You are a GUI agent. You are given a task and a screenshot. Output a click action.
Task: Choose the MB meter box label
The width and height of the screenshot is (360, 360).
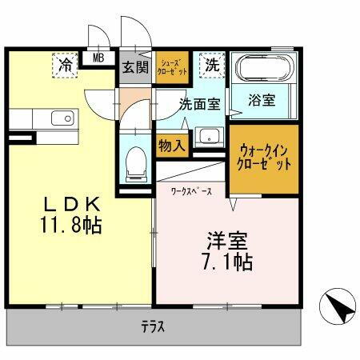[x=98, y=58]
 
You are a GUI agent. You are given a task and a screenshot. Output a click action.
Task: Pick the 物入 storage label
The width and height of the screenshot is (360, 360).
[x=171, y=146]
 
